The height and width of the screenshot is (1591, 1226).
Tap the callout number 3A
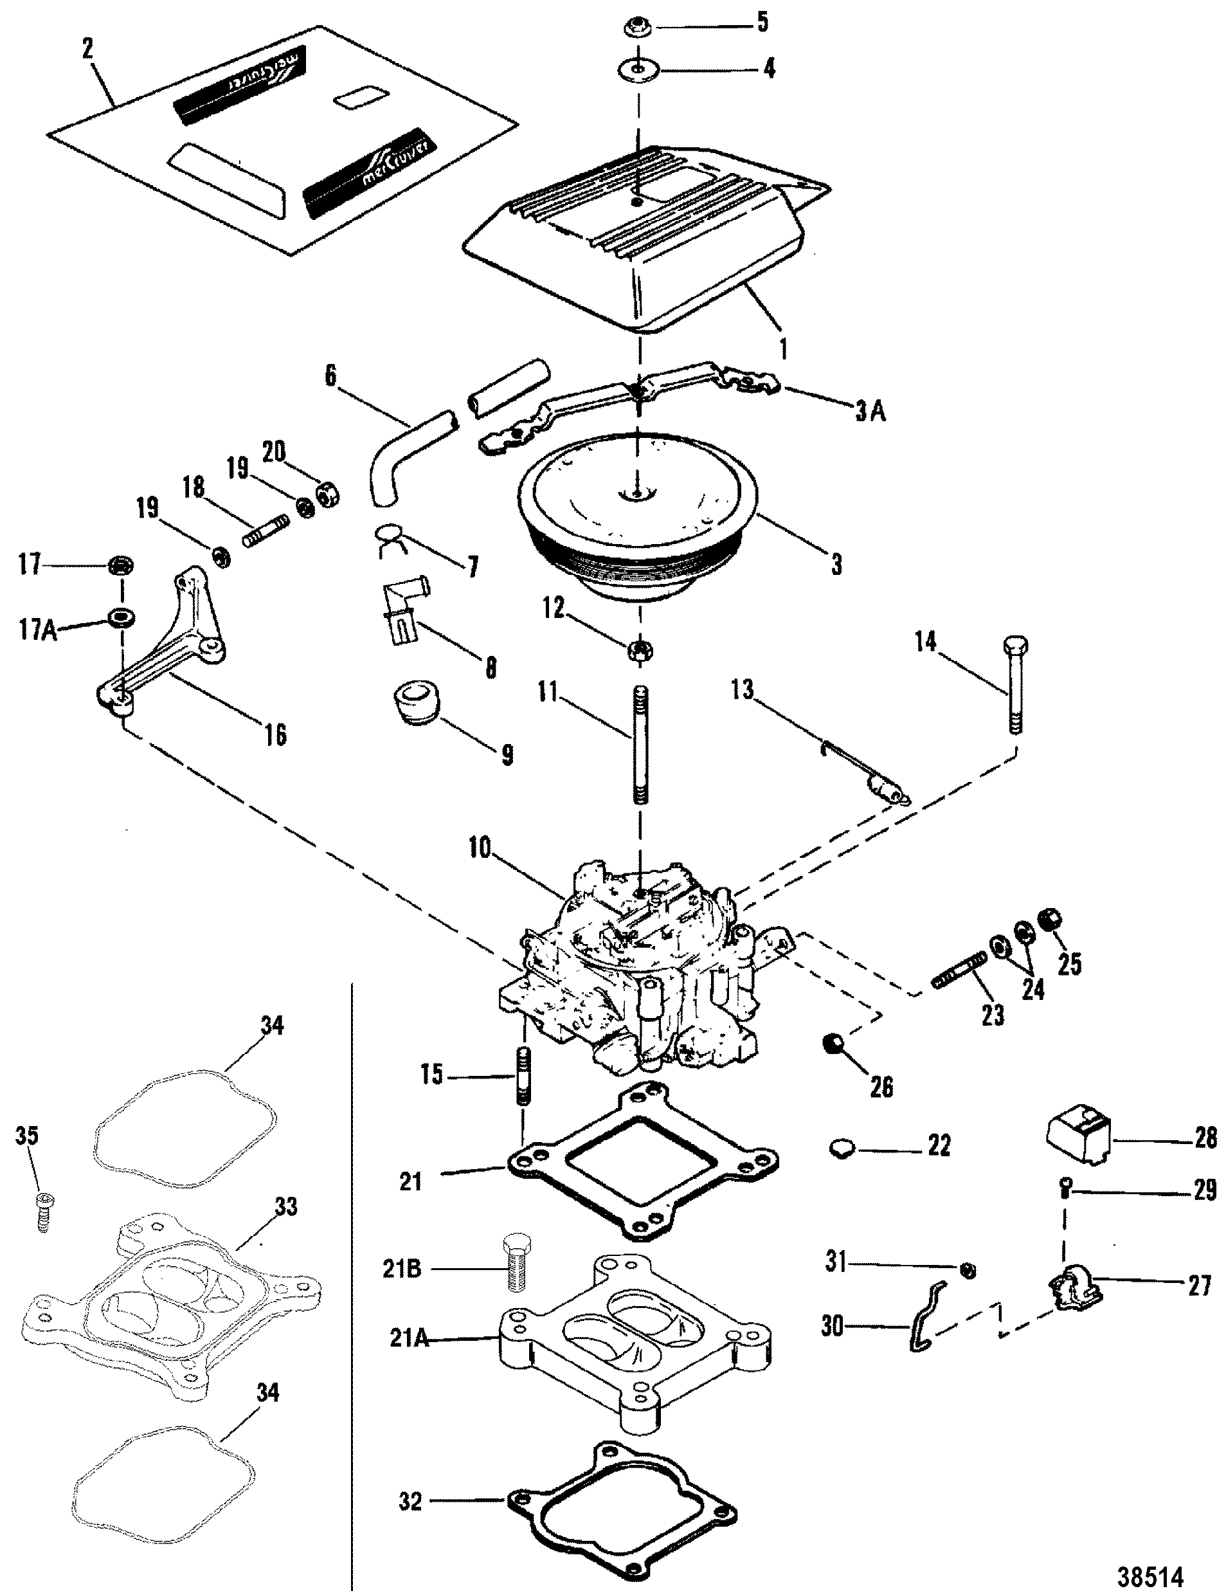[870, 412]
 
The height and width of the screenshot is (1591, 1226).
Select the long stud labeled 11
[640, 743]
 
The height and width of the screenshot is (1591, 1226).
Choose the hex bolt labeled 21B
[515, 1264]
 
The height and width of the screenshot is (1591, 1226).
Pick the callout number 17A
[37, 630]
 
